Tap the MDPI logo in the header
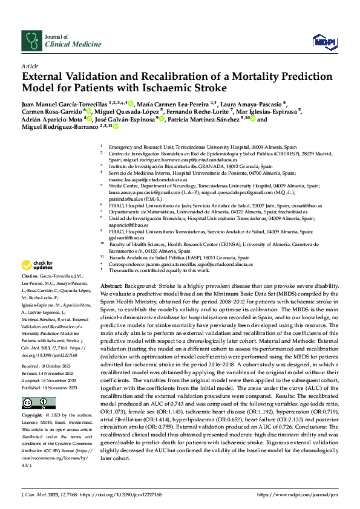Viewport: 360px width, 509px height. (321, 41)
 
